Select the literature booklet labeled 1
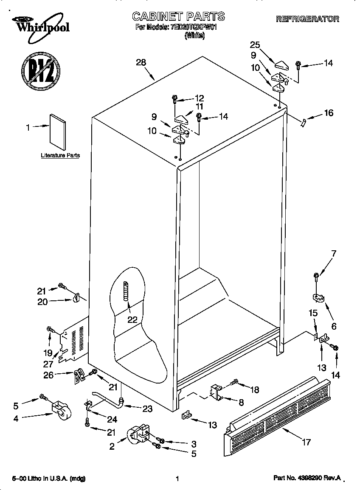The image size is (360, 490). pos(58,132)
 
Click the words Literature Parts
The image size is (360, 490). pos(60,156)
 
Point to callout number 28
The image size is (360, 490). pos(141,62)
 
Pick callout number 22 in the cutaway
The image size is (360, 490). pos(132,319)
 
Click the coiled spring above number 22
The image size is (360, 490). pos(126,291)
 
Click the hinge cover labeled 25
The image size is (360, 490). pos(281,64)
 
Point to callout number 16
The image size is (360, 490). pos(328,113)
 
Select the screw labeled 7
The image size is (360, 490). pos(317,277)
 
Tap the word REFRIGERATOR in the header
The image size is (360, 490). pos(307,19)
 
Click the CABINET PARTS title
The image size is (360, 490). pos(178,17)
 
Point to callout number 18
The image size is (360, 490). pos(254,390)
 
